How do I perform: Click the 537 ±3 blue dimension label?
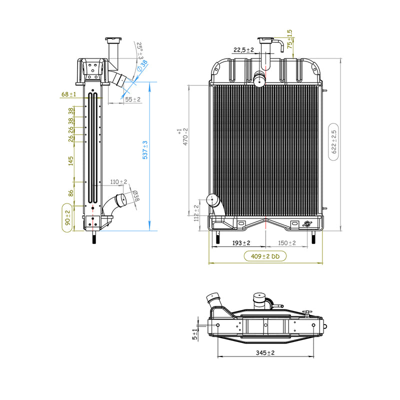[x=145, y=150]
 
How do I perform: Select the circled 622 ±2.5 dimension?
[x=333, y=142]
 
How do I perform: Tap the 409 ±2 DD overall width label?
[x=265, y=256]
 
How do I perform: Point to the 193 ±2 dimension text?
[x=241, y=243]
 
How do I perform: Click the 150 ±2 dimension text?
[x=286, y=243]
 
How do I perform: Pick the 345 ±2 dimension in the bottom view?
[x=265, y=353]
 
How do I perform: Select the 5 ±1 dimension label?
[x=195, y=334]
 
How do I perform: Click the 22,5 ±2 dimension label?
[x=243, y=49]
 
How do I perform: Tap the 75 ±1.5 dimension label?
[x=289, y=39]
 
